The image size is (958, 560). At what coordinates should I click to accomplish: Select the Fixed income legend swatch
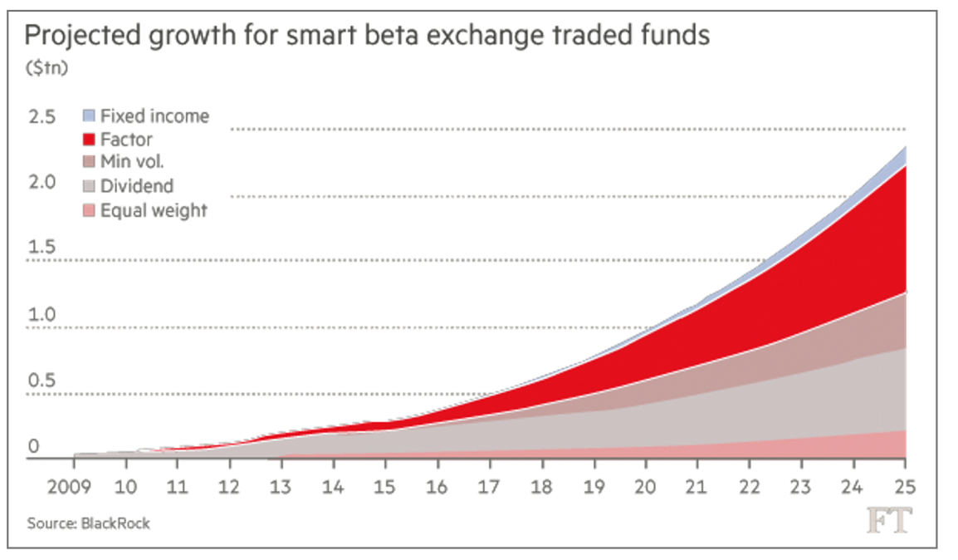(x=89, y=116)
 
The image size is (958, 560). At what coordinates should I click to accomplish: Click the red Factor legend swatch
(x=89, y=140)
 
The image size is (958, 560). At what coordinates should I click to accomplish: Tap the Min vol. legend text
(x=132, y=163)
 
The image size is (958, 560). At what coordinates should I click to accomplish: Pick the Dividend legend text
(x=137, y=186)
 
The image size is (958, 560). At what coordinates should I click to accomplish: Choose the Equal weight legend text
(x=154, y=210)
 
